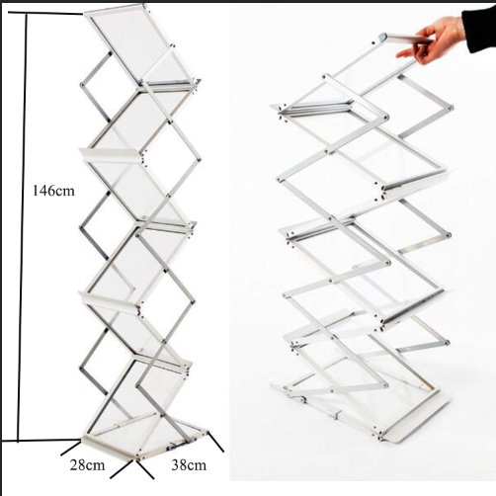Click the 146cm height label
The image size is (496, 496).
(x=53, y=191)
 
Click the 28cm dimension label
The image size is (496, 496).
(x=87, y=465)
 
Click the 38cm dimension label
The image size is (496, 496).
(x=189, y=465)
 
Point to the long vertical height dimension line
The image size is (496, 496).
(x=22, y=227)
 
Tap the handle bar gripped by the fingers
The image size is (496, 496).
(x=405, y=39)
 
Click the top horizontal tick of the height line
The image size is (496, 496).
(x=45, y=13)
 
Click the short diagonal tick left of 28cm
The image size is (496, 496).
(x=70, y=449)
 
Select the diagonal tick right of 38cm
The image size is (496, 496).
(x=216, y=442)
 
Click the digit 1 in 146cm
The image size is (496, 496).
(x=36, y=191)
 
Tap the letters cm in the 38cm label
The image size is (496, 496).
(x=197, y=466)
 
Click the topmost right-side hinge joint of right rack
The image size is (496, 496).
(x=451, y=108)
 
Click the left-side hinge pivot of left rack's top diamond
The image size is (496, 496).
(x=82, y=85)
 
